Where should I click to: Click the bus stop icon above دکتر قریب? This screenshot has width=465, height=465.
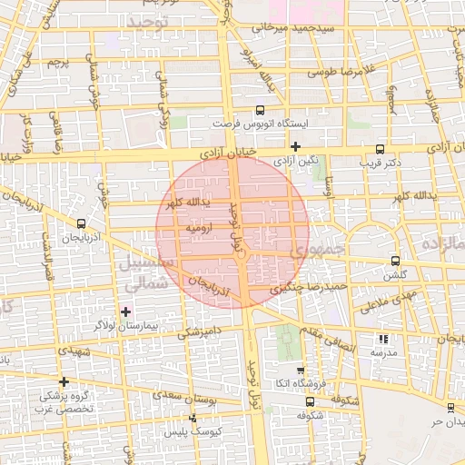point(379,151)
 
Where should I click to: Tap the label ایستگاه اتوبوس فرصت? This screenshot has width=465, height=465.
point(261,123)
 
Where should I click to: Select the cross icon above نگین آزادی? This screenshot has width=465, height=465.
point(295,145)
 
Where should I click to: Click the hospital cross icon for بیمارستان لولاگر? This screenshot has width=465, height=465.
point(125,312)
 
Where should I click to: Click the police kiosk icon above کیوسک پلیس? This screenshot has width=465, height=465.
point(192,419)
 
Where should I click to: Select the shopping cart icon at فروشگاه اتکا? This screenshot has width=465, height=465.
point(300,371)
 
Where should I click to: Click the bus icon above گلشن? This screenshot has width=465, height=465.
point(393,261)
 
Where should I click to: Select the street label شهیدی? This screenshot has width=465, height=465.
point(75,349)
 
